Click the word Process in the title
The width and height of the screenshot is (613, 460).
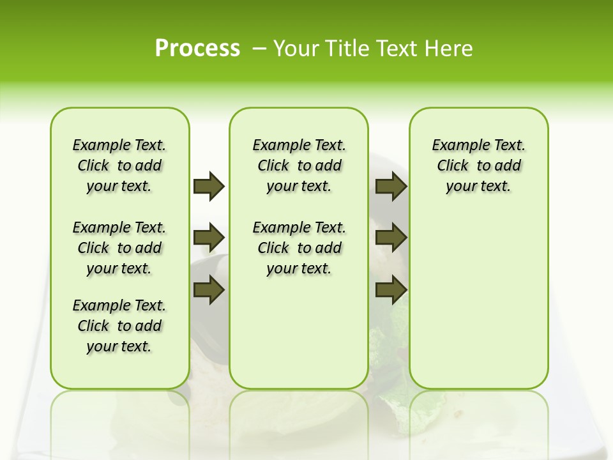pyautogui.click(x=197, y=49)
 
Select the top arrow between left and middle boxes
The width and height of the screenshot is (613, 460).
pyautogui.click(x=209, y=186)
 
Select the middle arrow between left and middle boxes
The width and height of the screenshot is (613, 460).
pyautogui.click(x=209, y=238)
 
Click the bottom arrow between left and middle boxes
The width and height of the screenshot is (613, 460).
pyautogui.click(x=209, y=290)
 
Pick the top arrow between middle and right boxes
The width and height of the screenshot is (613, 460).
pyautogui.click(x=391, y=186)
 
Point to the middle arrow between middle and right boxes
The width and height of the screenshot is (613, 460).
pyautogui.click(x=391, y=238)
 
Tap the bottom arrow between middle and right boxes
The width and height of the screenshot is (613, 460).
pyautogui.click(x=391, y=290)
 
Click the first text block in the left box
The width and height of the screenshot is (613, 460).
pyautogui.click(x=119, y=165)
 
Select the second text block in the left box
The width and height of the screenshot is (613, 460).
pyautogui.click(x=119, y=248)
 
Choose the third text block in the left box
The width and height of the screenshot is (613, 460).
pyautogui.click(x=119, y=326)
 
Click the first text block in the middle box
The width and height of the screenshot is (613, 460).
pyautogui.click(x=299, y=165)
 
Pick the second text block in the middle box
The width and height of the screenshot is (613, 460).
pyautogui.click(x=299, y=248)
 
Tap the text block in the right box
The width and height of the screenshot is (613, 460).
pyautogui.click(x=478, y=165)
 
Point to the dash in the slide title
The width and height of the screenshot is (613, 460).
pyautogui.click(x=259, y=49)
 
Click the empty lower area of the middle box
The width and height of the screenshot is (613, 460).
pyautogui.click(x=299, y=332)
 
